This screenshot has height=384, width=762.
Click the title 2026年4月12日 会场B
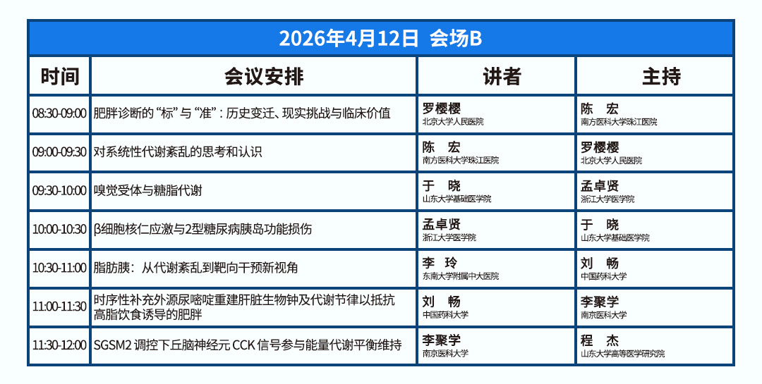(x=380, y=38)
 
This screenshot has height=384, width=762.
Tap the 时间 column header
(x=59, y=76)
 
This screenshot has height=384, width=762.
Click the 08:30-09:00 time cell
(x=59, y=113)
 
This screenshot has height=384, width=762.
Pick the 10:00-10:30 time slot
(x=59, y=229)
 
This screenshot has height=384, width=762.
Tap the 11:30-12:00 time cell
(x=59, y=345)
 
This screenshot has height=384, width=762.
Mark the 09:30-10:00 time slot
(x=59, y=190)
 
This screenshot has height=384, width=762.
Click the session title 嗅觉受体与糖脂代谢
(x=148, y=190)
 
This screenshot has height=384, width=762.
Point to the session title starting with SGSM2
(x=248, y=345)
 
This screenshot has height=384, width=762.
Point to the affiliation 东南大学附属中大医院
(x=460, y=276)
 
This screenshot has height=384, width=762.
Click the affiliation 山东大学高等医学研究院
(x=622, y=354)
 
